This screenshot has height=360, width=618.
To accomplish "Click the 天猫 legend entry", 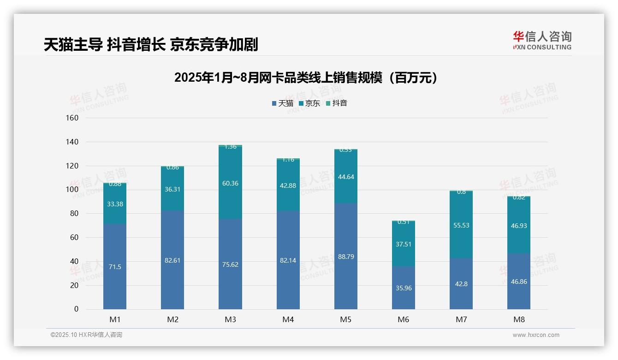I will (283, 103).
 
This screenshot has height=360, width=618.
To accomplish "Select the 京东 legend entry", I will (309, 103).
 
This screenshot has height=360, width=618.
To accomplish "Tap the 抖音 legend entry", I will (337, 103).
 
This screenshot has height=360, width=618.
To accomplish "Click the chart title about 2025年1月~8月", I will (306, 78).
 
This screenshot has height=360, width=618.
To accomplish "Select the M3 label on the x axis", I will (231, 319).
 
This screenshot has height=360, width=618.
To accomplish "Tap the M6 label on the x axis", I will (403, 319).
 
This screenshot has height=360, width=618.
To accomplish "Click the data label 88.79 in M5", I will (346, 257).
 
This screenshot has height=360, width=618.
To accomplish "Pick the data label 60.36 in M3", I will (230, 183).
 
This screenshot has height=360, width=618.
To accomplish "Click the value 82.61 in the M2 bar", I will (172, 260).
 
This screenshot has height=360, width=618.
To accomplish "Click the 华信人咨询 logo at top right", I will (542, 40).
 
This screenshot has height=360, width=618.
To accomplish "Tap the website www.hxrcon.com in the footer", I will (536, 335).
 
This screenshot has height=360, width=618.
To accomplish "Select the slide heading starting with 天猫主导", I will (151, 45).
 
